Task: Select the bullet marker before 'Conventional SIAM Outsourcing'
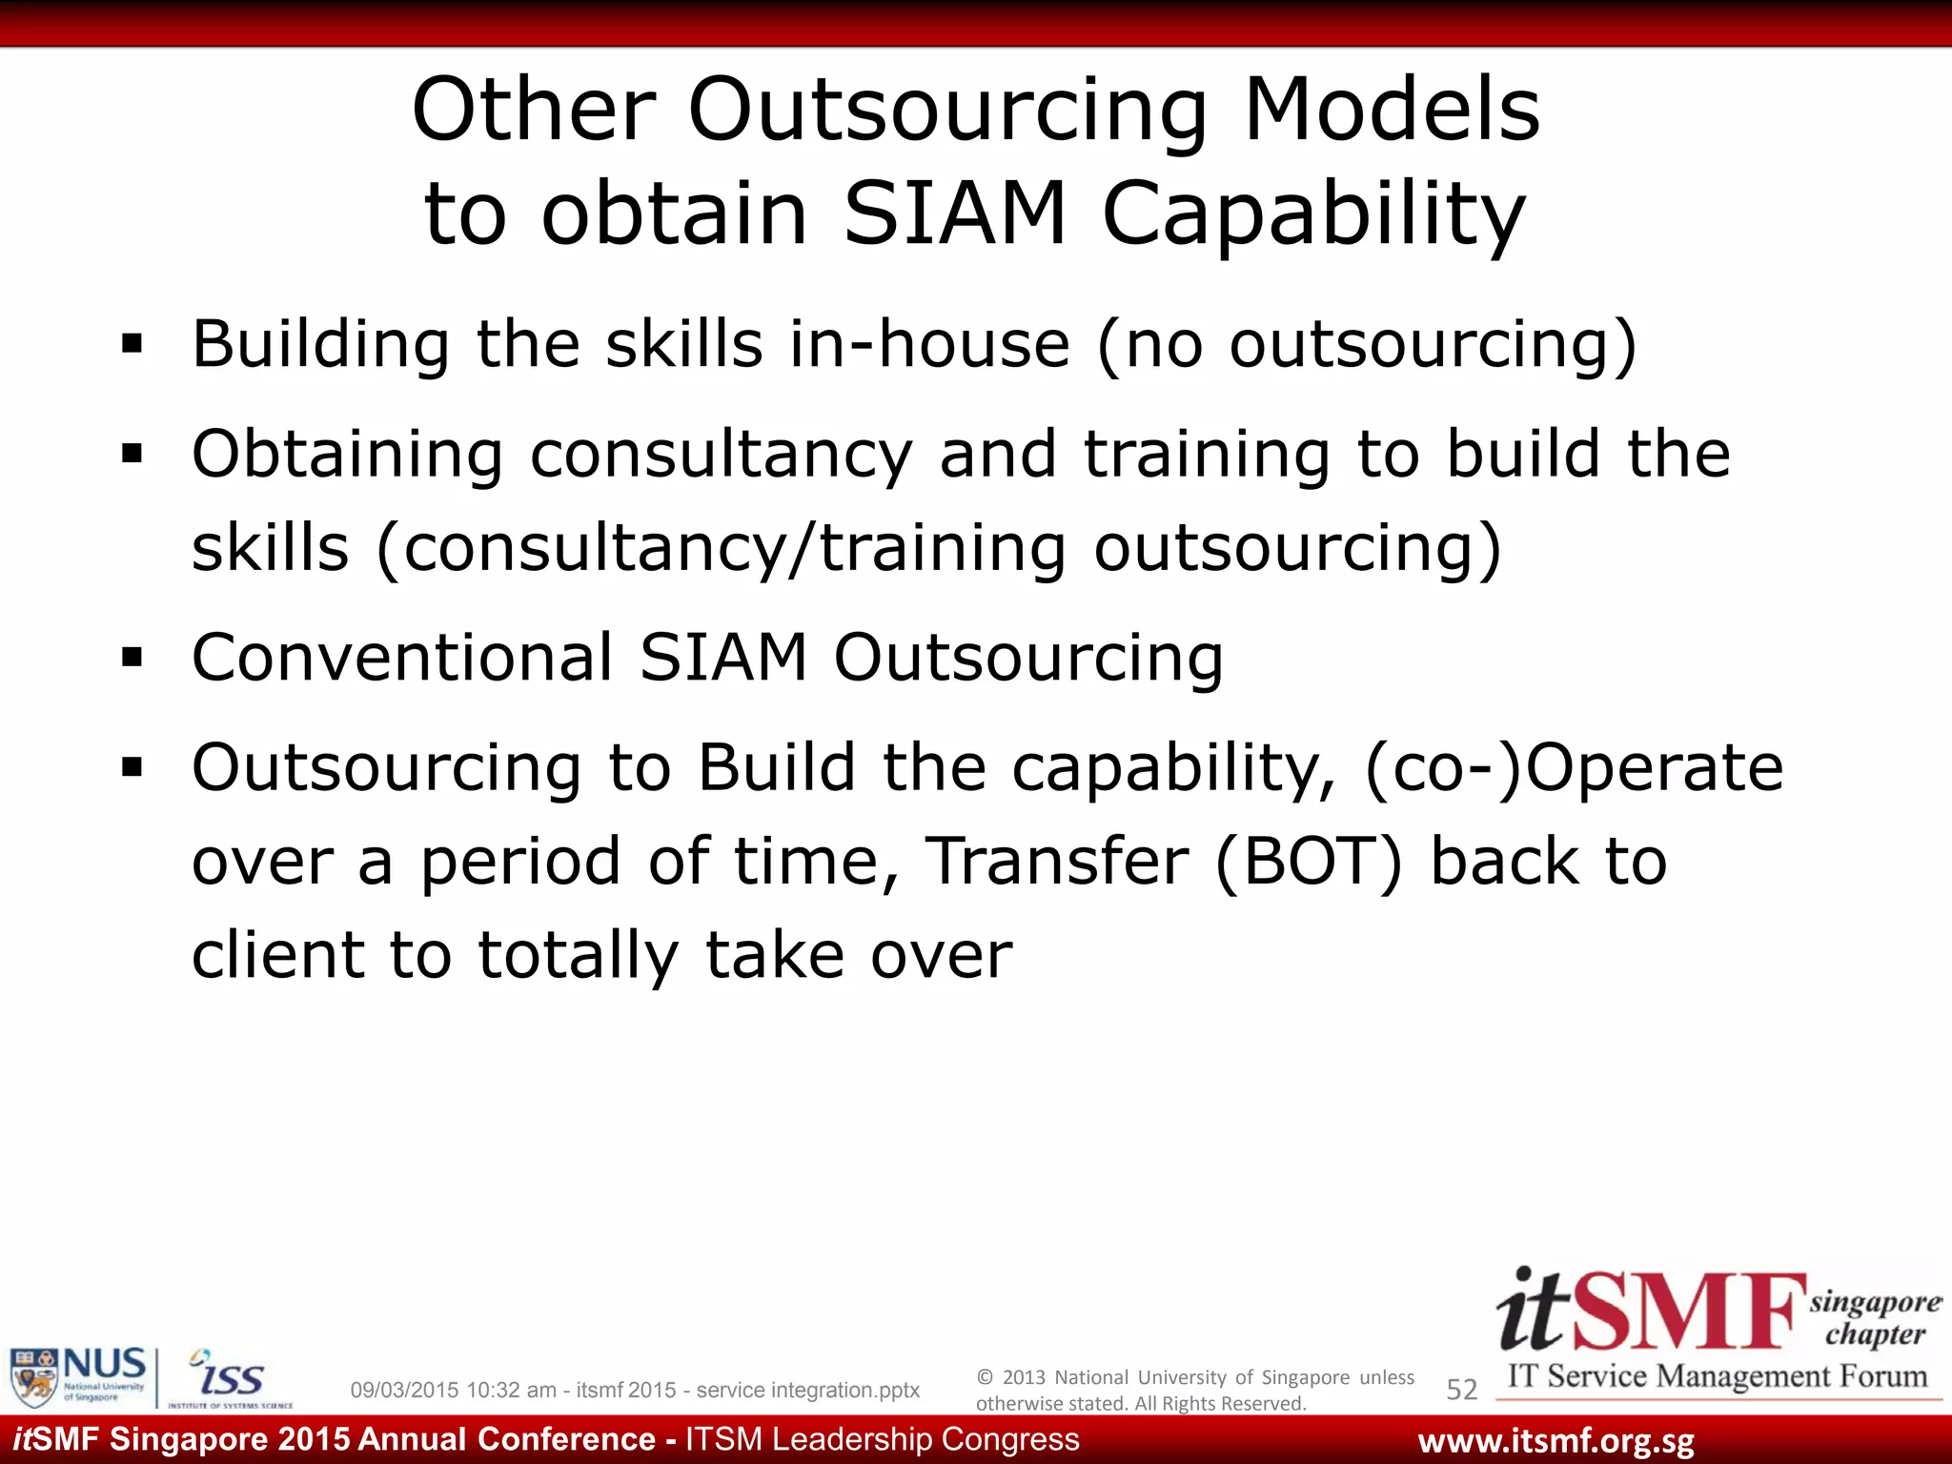pos(132,657)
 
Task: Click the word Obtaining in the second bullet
pos(347,454)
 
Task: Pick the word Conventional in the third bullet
pos(402,657)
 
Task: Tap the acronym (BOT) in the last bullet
pos(1310,862)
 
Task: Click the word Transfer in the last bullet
pos(1057,862)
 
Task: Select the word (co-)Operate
pos(1574,767)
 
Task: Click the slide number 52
pos(1461,1390)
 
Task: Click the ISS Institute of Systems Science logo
pos(230,1378)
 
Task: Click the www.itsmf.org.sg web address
pos(1555,1441)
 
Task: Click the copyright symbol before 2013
pos(985,1377)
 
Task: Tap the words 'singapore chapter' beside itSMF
pos(1874,1318)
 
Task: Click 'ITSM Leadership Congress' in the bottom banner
pos(883,1439)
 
